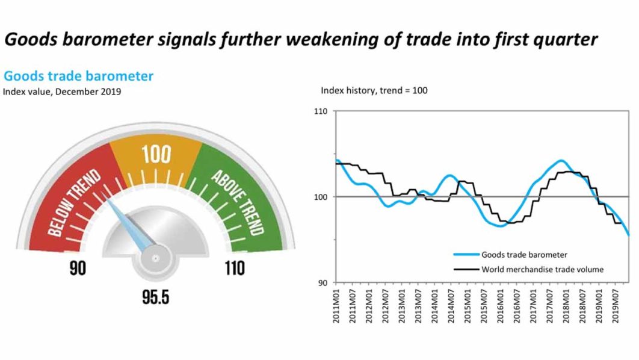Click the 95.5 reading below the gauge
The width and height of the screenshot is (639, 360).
point(156,297)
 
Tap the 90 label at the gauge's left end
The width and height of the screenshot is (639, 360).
point(78,268)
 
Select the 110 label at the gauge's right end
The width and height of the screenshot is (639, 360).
point(235,268)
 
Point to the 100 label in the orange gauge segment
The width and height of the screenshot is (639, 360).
point(156,155)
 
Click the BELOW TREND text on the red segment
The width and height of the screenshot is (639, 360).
point(74,203)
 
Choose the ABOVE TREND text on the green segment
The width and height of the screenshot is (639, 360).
point(238,203)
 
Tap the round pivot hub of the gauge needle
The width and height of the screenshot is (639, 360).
point(155,258)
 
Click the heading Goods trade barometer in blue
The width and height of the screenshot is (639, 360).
point(78,76)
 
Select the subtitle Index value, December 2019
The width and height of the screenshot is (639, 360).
point(62,92)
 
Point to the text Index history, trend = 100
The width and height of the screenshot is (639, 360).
point(374,90)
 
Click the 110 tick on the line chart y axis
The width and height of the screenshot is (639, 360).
point(321,111)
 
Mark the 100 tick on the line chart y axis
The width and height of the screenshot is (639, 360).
point(321,197)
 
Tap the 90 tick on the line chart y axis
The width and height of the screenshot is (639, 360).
point(323,282)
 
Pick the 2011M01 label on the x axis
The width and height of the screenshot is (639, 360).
point(336,306)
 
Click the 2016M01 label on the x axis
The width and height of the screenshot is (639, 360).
point(501,306)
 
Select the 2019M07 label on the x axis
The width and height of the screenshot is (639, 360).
point(616,306)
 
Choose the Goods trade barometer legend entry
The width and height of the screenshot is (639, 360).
point(511,255)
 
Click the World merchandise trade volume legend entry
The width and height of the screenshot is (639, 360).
point(528,270)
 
